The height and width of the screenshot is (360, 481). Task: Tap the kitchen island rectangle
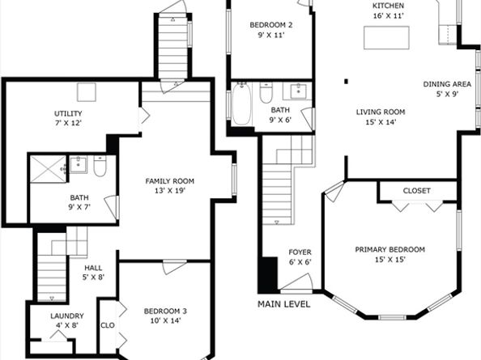point(386,38)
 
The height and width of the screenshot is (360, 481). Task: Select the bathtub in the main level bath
point(241,104)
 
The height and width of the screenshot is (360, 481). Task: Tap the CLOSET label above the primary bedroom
point(417,191)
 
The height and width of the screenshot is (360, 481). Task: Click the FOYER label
point(300,257)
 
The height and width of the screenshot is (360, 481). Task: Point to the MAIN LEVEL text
point(284,304)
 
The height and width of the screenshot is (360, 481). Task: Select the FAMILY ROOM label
point(169,186)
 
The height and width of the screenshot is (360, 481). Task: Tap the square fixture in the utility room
point(87,92)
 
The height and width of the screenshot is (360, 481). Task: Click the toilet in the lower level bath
point(100,167)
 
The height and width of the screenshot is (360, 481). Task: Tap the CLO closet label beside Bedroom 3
point(108,326)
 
